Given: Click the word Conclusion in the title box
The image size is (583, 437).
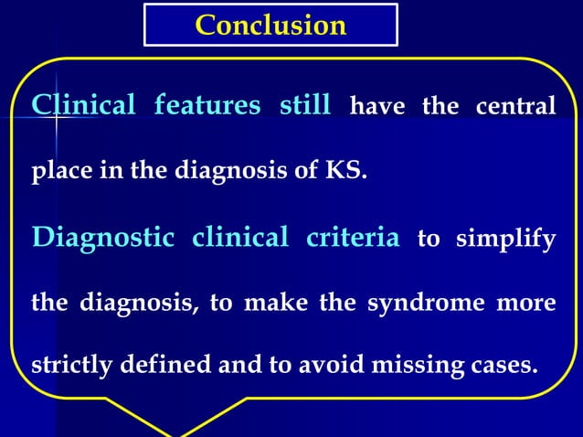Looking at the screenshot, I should coord(270,25).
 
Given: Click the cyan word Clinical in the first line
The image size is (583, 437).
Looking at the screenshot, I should coord(83,106).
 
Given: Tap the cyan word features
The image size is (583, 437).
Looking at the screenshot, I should coord(207,106).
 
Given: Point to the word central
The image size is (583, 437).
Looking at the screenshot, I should coord(515,108).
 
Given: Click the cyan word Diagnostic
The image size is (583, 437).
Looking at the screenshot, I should coord(103,239).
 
